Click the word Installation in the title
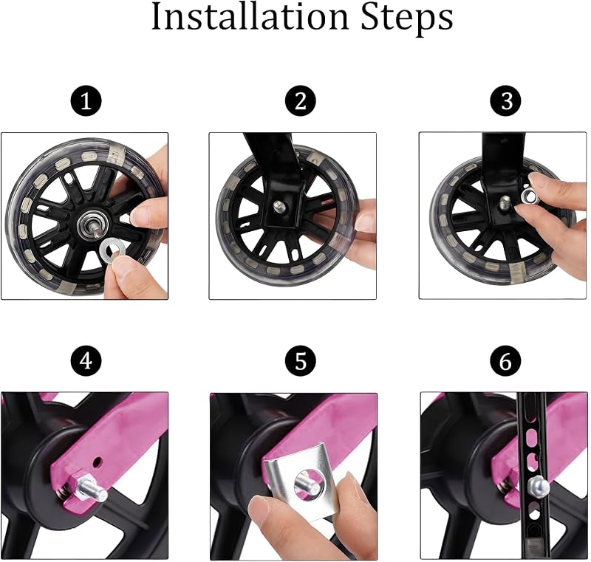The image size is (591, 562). coord(250,17)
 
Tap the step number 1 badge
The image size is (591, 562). coord(86,101)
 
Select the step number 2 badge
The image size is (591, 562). coord(301,101)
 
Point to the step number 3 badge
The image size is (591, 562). coord(506,101)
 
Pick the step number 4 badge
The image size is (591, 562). coord(86,361)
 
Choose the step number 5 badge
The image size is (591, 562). coord(301,361)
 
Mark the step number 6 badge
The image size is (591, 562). coord(506,361)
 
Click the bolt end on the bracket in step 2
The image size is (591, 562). coord(279,205)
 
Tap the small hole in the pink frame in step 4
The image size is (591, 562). coord(98,460)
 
